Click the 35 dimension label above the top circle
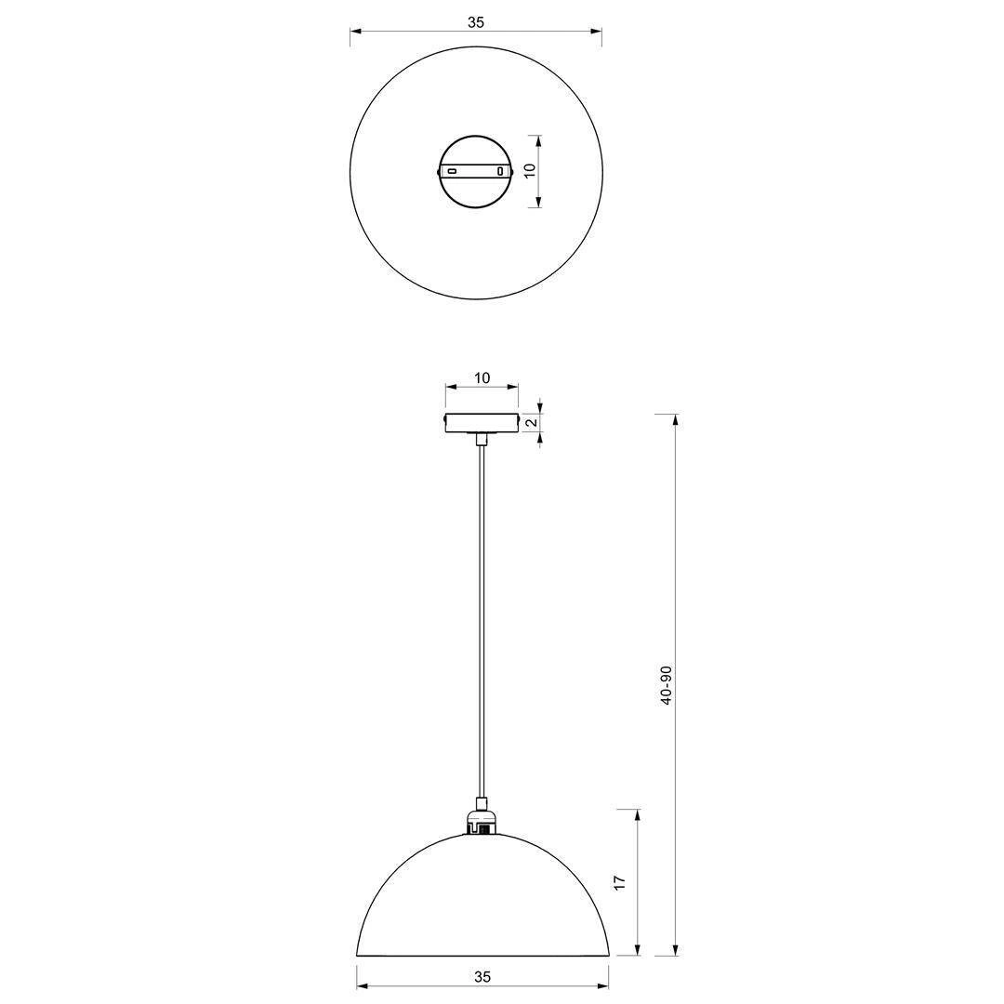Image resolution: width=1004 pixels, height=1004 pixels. tap(476, 23)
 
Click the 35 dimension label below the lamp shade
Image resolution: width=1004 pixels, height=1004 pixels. tap(482, 976)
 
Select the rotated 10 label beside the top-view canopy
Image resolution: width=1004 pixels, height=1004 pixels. tap(530, 171)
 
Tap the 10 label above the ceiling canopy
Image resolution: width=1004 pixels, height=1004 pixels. tap(482, 377)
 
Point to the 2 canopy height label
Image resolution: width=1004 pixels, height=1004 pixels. tap(531, 423)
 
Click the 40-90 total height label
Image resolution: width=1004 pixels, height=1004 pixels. tap(666, 685)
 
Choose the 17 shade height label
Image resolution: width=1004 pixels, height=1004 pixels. tap(619, 882)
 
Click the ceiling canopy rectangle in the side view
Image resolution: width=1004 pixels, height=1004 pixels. tap(482, 423)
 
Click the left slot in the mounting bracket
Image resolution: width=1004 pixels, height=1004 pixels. tap(452, 172)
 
